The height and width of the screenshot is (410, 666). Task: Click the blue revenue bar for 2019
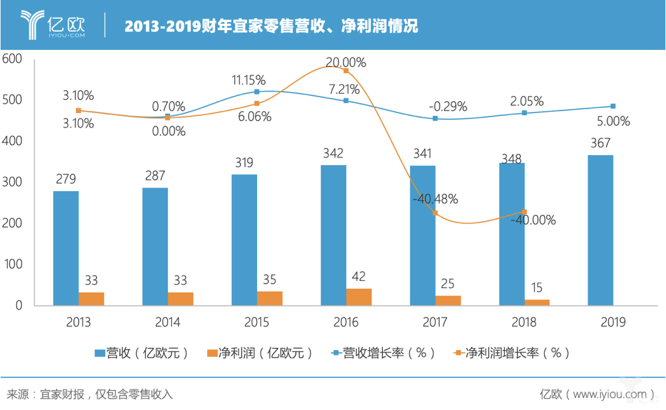point(601,230)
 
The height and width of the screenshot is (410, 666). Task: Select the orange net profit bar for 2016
point(359,297)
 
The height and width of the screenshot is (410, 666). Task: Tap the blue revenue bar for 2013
point(66,248)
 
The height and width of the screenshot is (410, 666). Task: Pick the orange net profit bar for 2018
point(537,302)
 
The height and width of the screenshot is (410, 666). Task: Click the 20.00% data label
point(346,63)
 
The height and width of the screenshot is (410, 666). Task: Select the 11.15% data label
point(248,80)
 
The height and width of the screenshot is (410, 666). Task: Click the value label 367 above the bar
point(601,143)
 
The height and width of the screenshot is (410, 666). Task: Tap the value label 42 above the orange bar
point(359,276)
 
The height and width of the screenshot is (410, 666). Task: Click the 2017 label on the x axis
point(435,322)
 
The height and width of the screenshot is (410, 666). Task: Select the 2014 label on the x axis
point(167,322)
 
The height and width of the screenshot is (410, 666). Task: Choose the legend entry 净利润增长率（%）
point(509,352)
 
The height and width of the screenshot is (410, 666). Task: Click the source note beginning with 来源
point(89,394)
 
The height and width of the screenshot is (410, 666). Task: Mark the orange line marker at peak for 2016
point(346,71)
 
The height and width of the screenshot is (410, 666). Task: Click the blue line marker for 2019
point(613,106)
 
